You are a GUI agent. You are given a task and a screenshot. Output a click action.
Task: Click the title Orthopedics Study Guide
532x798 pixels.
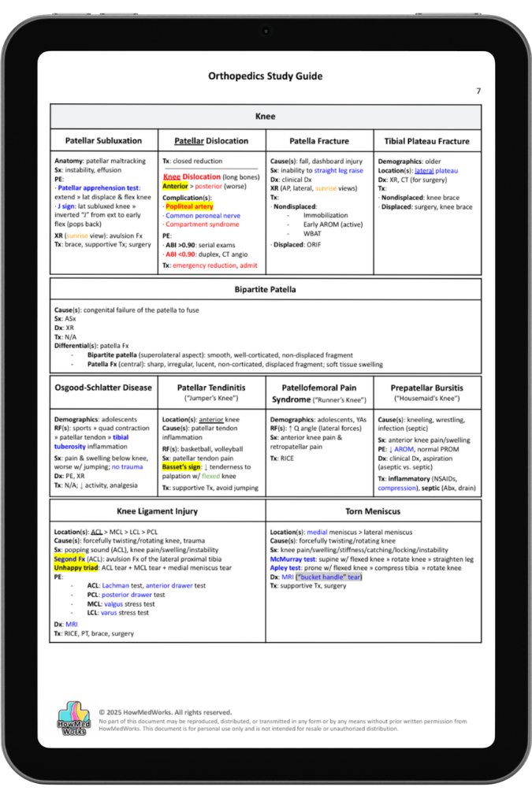(x=265, y=76)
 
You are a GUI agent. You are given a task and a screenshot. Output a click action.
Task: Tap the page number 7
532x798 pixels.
(x=478, y=91)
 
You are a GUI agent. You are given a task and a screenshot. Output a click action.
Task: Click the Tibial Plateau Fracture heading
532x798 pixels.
(x=427, y=141)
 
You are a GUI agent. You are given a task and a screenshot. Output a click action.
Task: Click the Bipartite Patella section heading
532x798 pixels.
(x=265, y=289)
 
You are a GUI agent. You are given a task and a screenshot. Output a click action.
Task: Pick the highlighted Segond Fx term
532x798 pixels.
(x=69, y=558)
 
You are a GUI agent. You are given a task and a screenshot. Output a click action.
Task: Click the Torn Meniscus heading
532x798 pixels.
(x=374, y=510)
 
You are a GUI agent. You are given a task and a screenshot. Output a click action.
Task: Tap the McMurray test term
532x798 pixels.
(x=294, y=558)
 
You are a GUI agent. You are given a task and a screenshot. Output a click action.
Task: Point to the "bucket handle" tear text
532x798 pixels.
(x=329, y=577)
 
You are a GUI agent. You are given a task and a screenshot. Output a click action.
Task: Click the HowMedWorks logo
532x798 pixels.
(x=74, y=718)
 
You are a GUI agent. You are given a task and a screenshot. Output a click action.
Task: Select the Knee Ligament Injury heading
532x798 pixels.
(x=158, y=510)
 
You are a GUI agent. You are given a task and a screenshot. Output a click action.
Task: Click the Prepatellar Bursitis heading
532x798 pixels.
(x=427, y=388)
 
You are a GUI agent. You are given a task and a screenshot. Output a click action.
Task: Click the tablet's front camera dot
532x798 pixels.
(x=266, y=31)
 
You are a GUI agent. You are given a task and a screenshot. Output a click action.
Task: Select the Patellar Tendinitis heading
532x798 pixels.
(x=211, y=388)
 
